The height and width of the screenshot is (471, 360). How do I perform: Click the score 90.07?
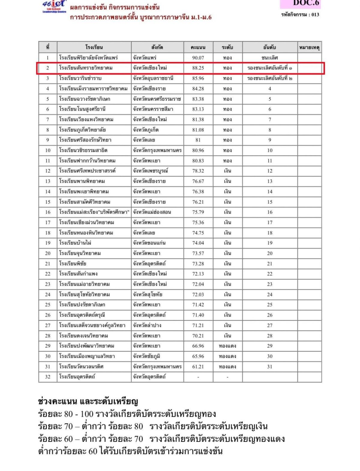click(198, 58)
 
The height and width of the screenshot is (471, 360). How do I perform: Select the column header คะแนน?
click(198, 47)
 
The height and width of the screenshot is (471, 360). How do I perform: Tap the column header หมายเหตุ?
click(309, 47)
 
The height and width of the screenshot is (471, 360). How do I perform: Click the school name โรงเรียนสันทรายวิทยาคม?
click(86, 68)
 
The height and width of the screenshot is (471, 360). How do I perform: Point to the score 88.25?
click(198, 68)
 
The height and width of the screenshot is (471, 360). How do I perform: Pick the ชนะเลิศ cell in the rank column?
click(270, 58)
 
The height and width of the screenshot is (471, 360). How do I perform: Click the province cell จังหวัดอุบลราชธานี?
click(153, 78)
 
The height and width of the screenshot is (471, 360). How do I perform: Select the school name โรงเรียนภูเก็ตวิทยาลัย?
click(82, 130)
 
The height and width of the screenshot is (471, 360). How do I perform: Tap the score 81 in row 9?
click(198, 140)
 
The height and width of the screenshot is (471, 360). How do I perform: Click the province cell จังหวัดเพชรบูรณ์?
click(151, 171)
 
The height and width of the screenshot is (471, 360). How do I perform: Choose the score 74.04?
click(198, 243)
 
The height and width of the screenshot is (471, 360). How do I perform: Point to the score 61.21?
click(198, 367)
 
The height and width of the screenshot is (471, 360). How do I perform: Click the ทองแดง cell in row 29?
click(227, 346)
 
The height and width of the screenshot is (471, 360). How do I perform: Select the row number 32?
click(48, 377)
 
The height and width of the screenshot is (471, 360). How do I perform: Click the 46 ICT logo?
click(54, 7)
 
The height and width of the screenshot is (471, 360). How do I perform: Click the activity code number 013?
click(315, 15)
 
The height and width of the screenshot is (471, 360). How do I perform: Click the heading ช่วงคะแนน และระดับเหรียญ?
click(88, 401)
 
